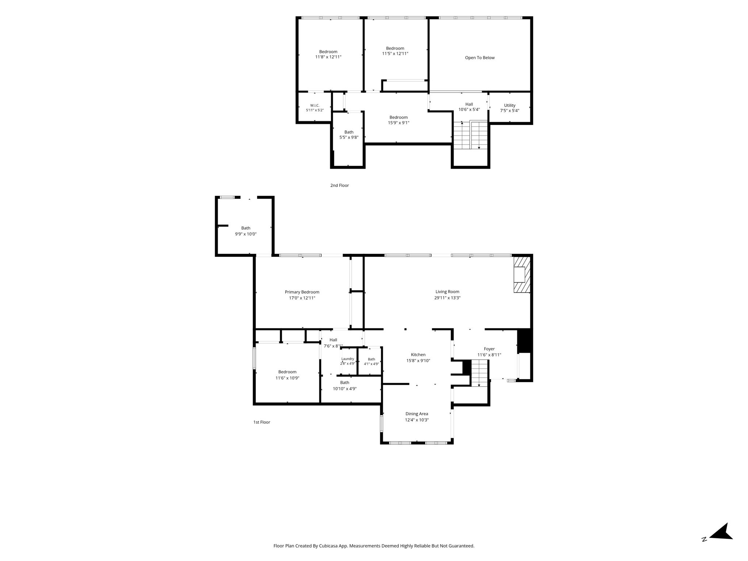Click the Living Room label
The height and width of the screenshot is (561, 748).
[447, 292]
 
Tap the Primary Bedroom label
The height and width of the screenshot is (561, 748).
[302, 292]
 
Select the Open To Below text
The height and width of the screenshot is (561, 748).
[480, 58]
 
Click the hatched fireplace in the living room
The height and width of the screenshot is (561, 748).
[522, 274]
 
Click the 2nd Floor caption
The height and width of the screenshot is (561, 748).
[340, 186]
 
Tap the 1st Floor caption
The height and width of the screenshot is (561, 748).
[262, 422]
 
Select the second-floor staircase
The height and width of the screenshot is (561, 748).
[470, 135]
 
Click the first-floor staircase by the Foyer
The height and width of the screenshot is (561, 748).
[479, 373]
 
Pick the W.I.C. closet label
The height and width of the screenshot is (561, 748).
[315, 106]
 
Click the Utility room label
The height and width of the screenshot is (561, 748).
[510, 106]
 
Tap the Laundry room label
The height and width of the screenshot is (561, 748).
[348, 359]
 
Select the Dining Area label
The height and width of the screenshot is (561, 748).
[417, 414]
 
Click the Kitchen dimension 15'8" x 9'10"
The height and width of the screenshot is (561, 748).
[418, 361]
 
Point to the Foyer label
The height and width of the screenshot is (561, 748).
[489, 349]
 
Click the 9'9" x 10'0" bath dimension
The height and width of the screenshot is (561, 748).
[246, 234]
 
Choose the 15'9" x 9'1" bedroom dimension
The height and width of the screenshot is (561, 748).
[398, 123]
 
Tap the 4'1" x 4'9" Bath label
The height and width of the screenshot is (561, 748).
[371, 362]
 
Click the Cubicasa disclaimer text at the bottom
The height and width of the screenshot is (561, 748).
[374, 546]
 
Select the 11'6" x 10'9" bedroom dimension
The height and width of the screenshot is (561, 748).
[287, 378]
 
